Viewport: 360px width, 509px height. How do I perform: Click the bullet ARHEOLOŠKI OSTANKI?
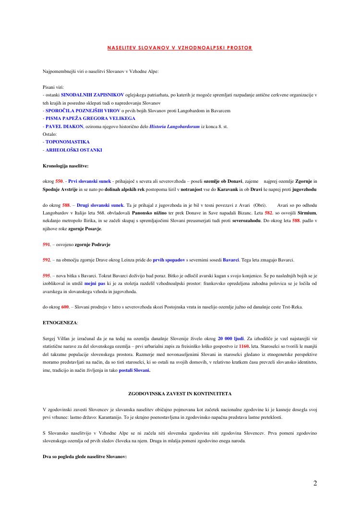[x=73, y=150]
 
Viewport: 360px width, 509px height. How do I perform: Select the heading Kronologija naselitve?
[x=65, y=166]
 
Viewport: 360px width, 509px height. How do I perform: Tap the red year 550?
[x=60, y=181]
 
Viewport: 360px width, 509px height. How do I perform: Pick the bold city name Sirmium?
[x=307, y=213]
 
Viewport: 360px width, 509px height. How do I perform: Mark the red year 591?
[x=47, y=244]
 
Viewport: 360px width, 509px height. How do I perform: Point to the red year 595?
[x=47, y=275]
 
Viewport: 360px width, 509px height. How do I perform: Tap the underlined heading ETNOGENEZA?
[x=60, y=323]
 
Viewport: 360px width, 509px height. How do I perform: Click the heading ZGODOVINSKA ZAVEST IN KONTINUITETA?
[x=180, y=393]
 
